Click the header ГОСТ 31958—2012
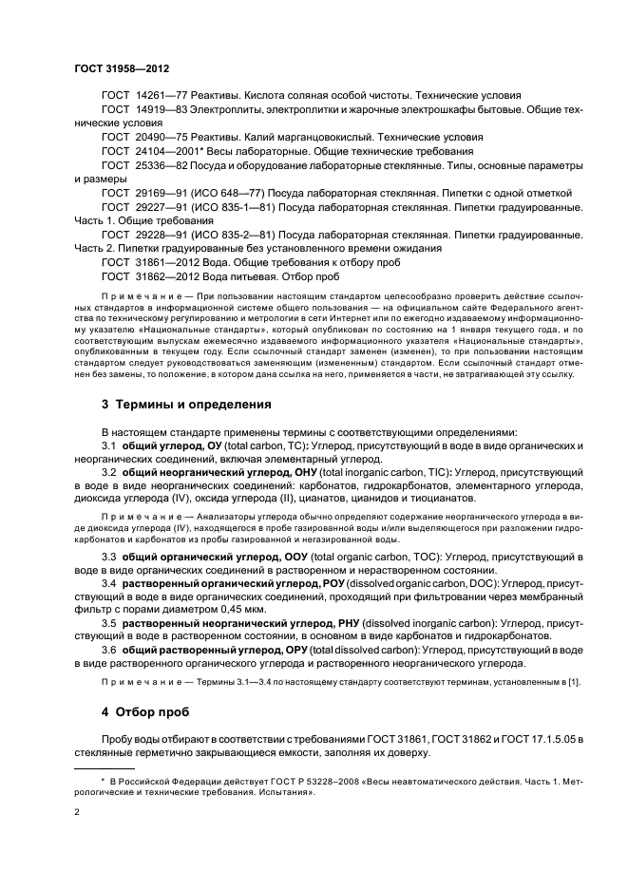116,68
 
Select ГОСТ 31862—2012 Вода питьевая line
220,275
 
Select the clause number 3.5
109,624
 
